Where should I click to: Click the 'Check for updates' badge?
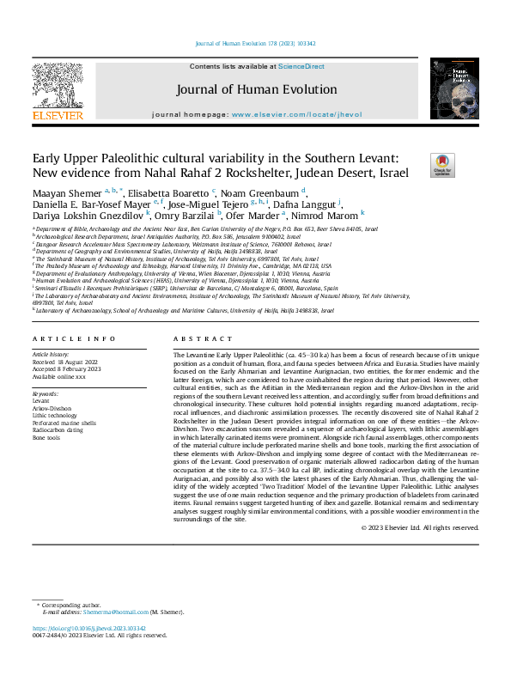(x=417, y=165)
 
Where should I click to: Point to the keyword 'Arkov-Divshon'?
(x=52, y=408)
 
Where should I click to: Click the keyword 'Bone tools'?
(x=47, y=438)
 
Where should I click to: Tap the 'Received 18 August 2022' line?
(x=68, y=361)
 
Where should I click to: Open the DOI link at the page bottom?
(x=89, y=629)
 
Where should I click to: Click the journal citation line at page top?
(x=255, y=43)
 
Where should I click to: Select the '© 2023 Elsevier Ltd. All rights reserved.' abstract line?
(x=430, y=527)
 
